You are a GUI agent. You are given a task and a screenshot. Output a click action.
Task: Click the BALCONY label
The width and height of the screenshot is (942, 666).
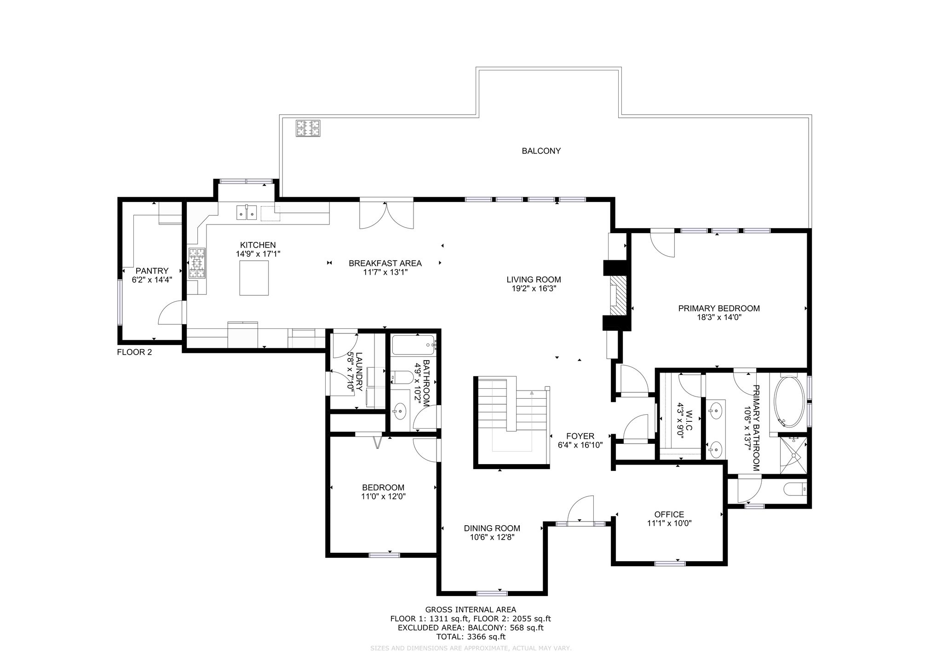[x=541, y=151]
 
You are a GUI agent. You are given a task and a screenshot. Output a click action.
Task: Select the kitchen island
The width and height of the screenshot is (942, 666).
[x=254, y=277]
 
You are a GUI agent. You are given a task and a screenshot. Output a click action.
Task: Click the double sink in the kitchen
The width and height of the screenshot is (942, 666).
[x=247, y=212]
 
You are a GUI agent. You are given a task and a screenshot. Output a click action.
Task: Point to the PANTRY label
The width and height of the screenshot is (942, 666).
[x=152, y=271]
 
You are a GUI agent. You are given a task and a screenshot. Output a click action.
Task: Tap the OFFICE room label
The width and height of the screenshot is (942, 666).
[x=669, y=514]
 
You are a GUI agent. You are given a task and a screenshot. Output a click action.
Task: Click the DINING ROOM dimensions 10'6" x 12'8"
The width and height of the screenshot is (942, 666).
[x=492, y=537]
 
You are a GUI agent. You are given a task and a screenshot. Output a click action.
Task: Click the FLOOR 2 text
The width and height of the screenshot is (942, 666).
[x=134, y=352]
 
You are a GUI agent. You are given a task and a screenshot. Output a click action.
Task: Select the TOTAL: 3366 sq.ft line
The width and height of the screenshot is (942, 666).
[x=471, y=637]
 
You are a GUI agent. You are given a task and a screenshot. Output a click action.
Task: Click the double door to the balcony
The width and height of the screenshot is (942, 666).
[x=386, y=214]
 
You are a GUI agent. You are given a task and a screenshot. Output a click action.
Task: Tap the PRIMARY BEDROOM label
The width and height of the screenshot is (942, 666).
[x=719, y=308]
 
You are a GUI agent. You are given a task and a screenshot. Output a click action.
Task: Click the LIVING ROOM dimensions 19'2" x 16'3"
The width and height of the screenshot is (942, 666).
[x=534, y=289]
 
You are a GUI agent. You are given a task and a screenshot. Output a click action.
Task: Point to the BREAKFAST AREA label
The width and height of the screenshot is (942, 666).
[x=385, y=264]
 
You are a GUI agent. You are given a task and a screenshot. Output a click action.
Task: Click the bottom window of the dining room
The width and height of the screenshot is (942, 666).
[x=492, y=593]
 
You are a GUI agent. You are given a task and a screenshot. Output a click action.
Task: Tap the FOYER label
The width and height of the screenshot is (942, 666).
[x=580, y=436]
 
